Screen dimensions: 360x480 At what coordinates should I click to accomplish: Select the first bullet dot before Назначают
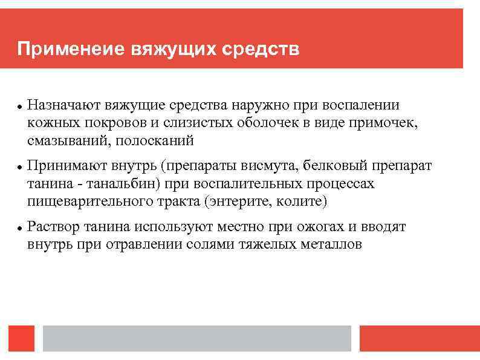[20, 106]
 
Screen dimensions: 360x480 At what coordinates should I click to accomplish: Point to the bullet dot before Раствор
[20, 228]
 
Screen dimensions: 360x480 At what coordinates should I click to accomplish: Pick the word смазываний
[62, 142]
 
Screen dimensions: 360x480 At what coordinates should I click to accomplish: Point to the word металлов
[331, 245]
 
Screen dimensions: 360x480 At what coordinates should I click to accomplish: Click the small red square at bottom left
[22, 339]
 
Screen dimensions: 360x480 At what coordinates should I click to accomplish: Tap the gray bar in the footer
[197, 339]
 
